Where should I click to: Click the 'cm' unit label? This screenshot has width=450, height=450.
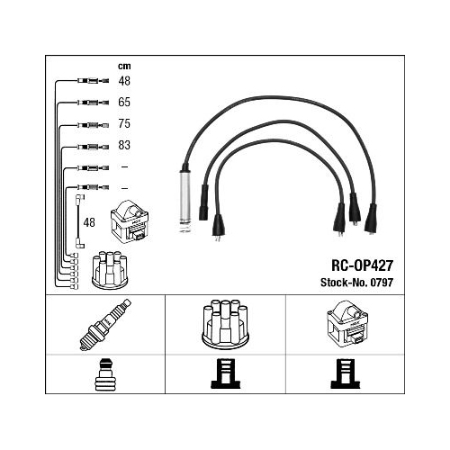[124, 66]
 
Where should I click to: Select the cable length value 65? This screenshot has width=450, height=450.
[124, 102]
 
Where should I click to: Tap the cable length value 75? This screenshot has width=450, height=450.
[124, 123]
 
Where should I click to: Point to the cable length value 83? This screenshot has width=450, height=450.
[124, 145]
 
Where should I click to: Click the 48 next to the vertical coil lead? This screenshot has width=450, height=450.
[89, 222]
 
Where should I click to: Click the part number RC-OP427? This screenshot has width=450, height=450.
[362, 265]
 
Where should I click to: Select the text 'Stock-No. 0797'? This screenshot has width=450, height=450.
[356, 283]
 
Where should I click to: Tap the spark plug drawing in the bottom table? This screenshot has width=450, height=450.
[105, 325]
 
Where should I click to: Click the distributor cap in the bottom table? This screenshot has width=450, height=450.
[225, 324]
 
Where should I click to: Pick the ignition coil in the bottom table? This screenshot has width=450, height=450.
[347, 323]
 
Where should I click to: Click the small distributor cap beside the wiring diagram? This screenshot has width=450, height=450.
[110, 270]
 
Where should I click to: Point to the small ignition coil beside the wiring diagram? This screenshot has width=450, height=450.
[130, 221]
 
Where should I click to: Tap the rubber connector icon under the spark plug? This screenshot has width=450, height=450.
[104, 374]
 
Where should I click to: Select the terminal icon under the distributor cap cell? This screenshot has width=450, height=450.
[226, 373]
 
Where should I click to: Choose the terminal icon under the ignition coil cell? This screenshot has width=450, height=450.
[346, 373]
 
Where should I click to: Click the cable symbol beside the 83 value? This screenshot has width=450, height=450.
[93, 147]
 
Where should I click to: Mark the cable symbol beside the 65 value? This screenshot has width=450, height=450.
[93, 103]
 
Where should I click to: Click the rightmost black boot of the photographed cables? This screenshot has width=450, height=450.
[371, 218]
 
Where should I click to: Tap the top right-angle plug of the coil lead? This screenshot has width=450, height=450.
[80, 198]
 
